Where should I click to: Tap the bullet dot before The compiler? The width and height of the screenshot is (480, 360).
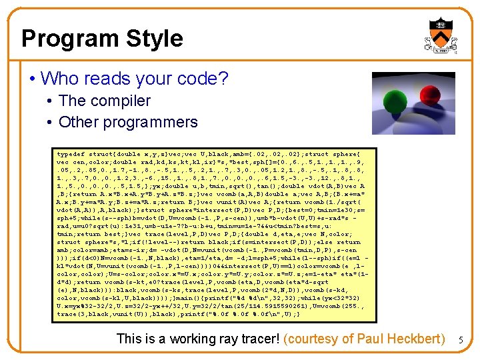[50, 101]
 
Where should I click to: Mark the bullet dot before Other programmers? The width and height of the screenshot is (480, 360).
[50, 122]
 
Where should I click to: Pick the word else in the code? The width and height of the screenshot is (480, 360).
[326, 242]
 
